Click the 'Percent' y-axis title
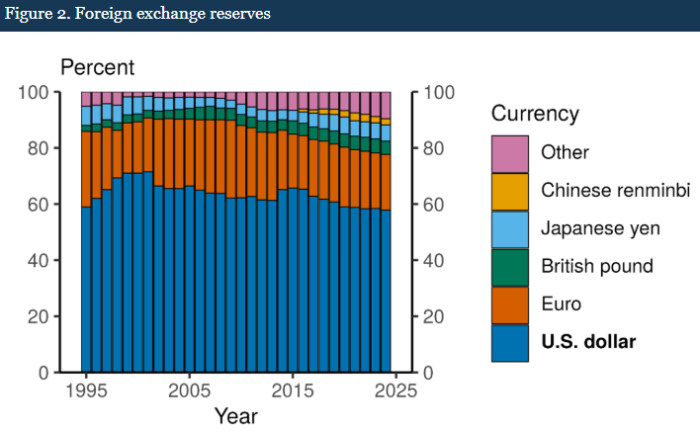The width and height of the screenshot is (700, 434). [x=97, y=68]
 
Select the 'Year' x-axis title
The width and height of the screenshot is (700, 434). [x=235, y=416]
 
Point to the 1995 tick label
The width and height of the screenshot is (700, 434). [x=87, y=391]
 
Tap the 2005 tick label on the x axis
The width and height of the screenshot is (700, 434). [x=188, y=391]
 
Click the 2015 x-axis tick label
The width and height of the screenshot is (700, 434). [x=290, y=391]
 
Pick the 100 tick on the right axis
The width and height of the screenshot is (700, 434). [x=441, y=93]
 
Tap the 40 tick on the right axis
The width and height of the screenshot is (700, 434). [x=436, y=261]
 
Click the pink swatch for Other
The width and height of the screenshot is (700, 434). [x=510, y=152]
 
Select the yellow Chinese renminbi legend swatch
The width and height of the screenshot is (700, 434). [x=510, y=191]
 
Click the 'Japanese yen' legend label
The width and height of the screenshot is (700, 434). [x=600, y=228]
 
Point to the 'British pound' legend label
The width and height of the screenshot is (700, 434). [x=596, y=266]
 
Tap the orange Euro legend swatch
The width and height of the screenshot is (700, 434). [x=510, y=304]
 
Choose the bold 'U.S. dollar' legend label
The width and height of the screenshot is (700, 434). [x=588, y=342]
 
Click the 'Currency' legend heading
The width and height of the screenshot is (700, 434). [x=535, y=114]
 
